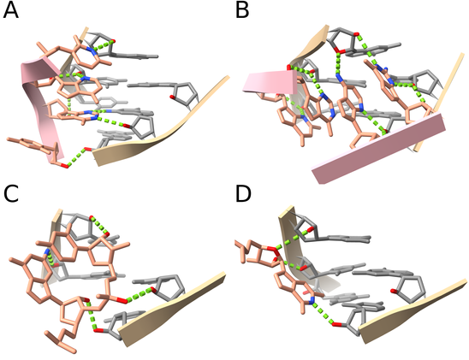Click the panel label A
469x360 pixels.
point(10,11)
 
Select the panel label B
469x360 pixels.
point(242,11)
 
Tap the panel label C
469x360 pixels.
point(11,193)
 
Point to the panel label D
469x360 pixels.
point(243,193)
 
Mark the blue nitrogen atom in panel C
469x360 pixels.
point(47,251)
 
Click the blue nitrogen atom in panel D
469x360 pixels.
point(312,301)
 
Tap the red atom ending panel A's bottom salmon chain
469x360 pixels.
point(66,166)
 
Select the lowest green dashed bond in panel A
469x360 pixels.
point(76,156)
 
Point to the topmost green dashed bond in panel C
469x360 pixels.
point(99,225)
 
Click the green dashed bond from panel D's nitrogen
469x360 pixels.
point(324,313)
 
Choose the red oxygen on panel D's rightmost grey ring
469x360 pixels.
point(395,291)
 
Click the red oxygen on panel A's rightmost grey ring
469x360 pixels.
point(172,97)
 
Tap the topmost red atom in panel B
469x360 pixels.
point(356,34)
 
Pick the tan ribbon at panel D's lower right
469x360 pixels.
point(413,312)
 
